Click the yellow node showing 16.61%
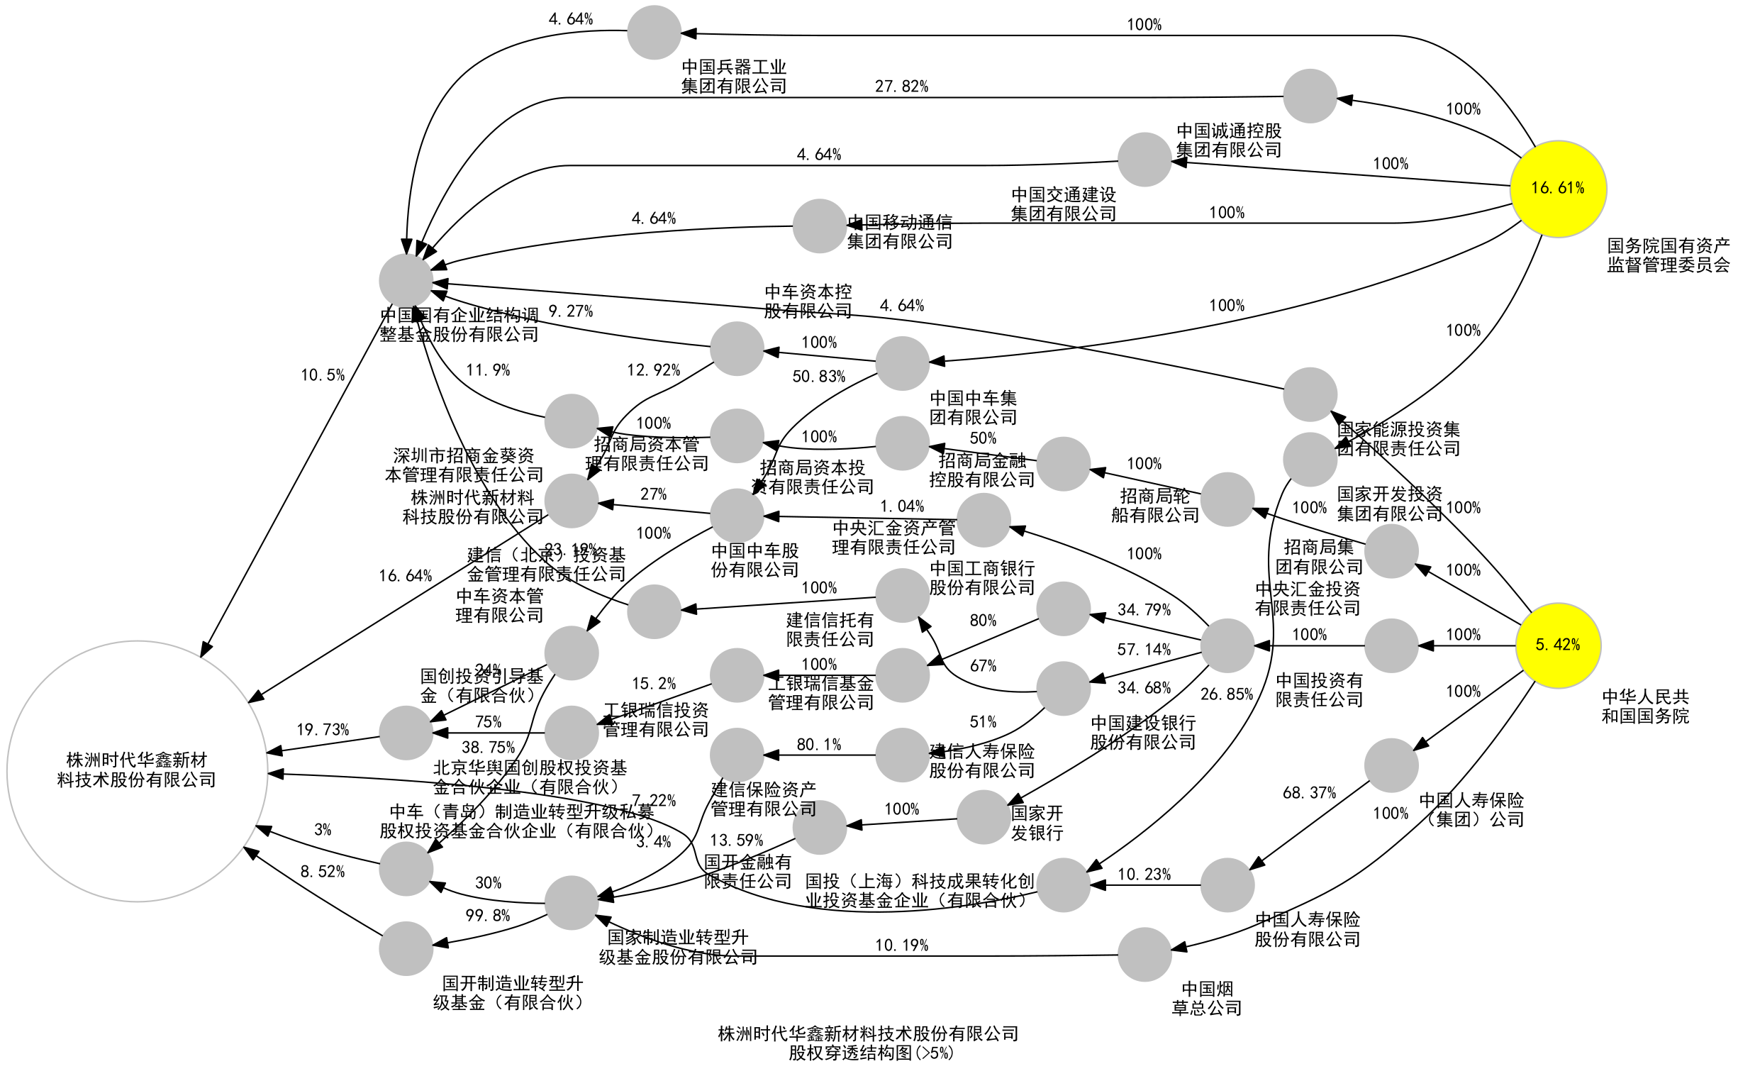coord(1556,189)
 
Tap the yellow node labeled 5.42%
coord(1556,645)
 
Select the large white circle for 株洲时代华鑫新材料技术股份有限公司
coord(137,771)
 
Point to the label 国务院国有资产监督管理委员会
coord(1668,255)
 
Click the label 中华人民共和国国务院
coord(1644,706)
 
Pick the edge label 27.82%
coord(901,87)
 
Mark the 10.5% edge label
coord(322,375)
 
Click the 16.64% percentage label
coord(405,576)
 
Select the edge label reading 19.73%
coord(322,729)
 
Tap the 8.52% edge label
coord(322,872)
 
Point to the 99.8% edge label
coord(487,916)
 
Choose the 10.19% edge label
coord(901,945)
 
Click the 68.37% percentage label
coord(1309,793)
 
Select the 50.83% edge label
coord(818,377)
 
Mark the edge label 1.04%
coord(901,506)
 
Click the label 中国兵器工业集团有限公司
coord(733,77)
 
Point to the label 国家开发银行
coord(1037,823)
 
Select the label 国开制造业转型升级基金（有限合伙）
coord(511,993)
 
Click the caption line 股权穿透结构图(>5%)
coord(869,1053)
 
